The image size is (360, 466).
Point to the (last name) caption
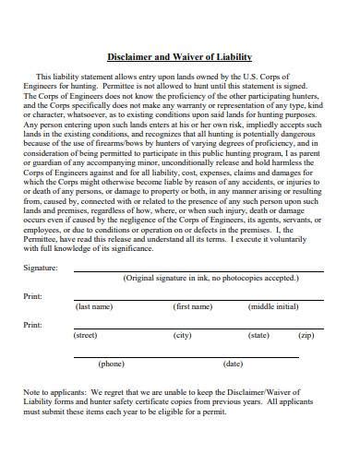tap(94, 305)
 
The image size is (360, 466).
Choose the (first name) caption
tap(193, 305)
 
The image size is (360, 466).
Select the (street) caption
tap(85, 335)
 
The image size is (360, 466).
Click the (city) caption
tap(182, 335)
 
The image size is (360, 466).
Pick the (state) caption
tap(259, 335)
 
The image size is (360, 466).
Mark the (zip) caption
tap(306, 335)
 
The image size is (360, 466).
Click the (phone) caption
tap(111, 364)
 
